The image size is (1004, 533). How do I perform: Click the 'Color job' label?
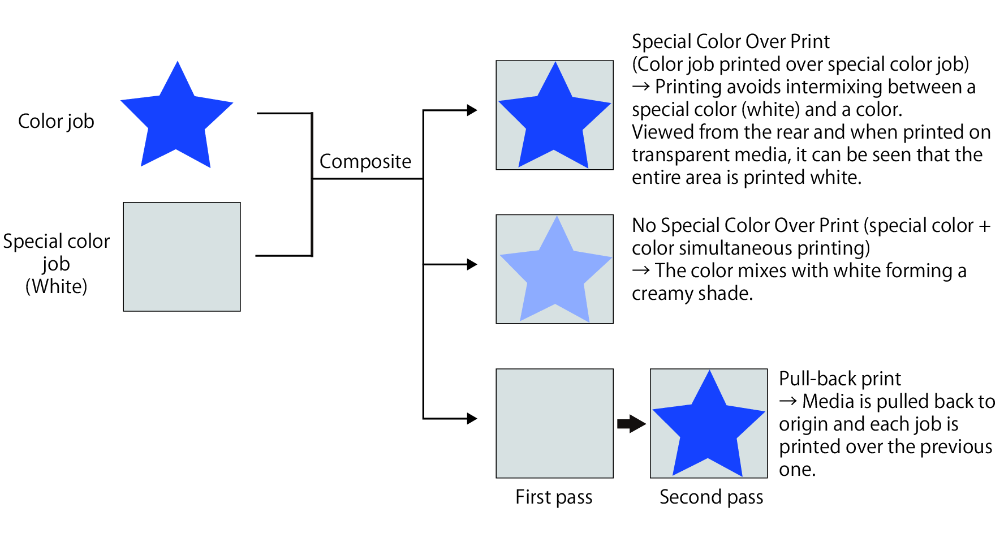pos(56,121)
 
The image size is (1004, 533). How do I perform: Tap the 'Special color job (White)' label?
pos(56,264)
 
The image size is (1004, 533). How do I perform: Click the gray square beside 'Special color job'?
pos(182,257)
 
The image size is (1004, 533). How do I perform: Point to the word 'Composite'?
pos(365,161)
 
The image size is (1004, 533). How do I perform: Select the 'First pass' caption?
pos(554,497)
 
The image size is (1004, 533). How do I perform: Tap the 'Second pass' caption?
pos(711,497)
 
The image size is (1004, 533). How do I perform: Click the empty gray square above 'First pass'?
pos(554,423)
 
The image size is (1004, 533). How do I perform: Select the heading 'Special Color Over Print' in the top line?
pos(730,41)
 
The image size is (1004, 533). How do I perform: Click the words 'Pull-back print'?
pos(839,378)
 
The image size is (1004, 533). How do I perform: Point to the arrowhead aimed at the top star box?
pos(472,110)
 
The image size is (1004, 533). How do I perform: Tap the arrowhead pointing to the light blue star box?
pos(472,264)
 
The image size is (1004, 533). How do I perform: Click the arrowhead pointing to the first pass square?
pos(472,419)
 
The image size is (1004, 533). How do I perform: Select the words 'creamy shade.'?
pos(692,293)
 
